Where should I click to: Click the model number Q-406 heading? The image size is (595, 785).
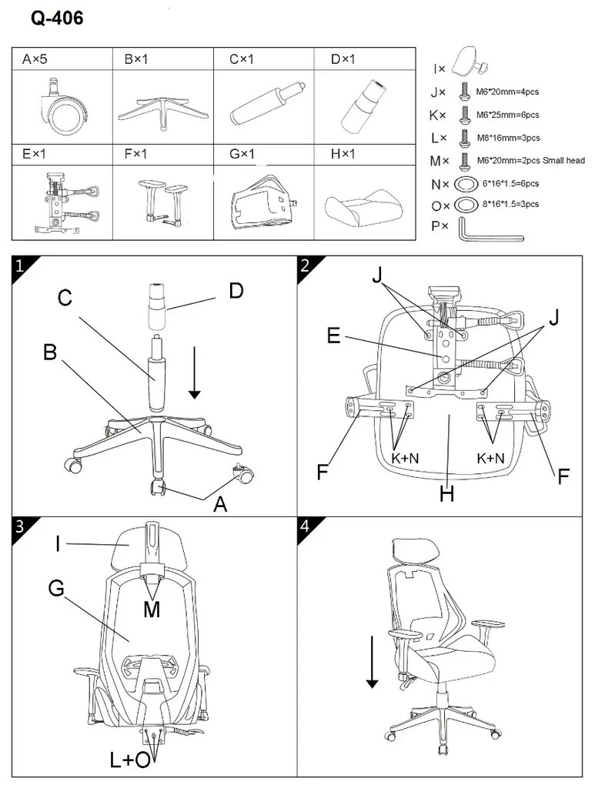click(57, 18)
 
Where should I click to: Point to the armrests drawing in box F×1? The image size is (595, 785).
click(163, 200)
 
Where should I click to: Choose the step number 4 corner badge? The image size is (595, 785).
click(306, 526)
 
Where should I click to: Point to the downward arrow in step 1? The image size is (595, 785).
click(194, 372)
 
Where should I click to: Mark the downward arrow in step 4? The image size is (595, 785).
click(373, 660)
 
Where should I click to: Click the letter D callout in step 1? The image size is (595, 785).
click(236, 290)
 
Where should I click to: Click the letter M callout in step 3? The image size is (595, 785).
click(153, 609)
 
